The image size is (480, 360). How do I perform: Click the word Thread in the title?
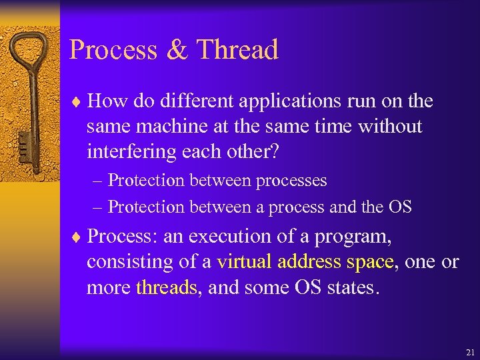point(238,50)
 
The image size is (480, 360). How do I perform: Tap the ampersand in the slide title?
point(177,51)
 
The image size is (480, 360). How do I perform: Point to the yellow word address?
point(309,262)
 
